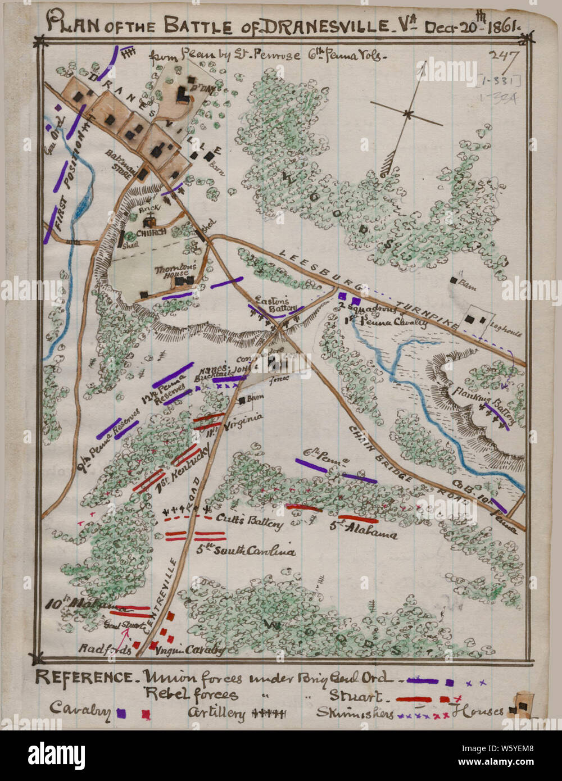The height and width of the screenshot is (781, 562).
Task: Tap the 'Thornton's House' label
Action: click(176, 272)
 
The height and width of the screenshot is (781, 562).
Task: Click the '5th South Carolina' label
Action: click(246, 551)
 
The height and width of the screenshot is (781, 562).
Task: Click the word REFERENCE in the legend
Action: click(83, 677)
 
